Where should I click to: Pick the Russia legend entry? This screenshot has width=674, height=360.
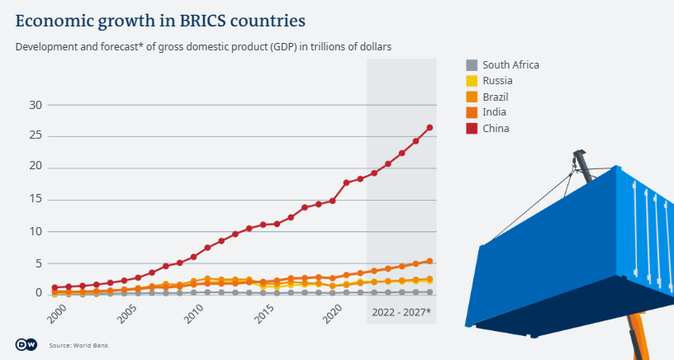[497, 81]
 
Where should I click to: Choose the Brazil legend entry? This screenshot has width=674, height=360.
[495, 97]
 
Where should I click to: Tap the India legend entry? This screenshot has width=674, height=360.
[494, 112]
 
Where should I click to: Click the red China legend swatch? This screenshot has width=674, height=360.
[472, 128]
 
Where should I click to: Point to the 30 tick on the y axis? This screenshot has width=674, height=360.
[36, 105]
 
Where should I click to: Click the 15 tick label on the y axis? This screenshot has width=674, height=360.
[36, 199]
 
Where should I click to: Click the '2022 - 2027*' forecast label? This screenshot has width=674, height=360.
[401, 312]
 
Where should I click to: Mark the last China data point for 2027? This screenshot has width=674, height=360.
[430, 128]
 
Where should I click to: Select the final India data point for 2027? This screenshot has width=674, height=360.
[430, 261]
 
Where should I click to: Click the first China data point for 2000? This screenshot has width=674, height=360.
[55, 287]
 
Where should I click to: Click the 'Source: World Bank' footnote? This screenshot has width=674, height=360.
[78, 345]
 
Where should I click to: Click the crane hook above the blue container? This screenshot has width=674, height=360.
[579, 157]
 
